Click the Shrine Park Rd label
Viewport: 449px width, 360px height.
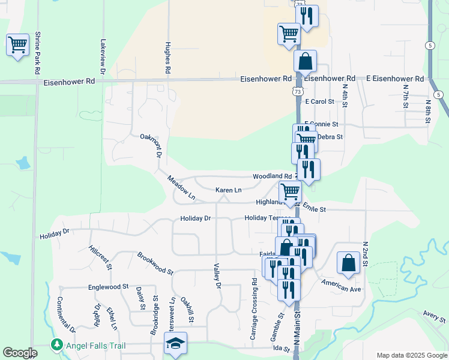pyautogui.click(x=37, y=53)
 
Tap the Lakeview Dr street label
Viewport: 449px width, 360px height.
pyautogui.click(x=103, y=56)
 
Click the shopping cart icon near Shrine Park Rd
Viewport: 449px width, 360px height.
pyautogui.click(x=17, y=44)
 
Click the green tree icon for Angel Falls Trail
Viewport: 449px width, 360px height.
pyautogui.click(x=56, y=344)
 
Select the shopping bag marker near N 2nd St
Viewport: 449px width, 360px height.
pyautogui.click(x=348, y=262)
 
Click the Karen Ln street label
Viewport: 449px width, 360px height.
pyautogui.click(x=229, y=190)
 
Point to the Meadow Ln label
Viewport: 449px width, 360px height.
pyautogui.click(x=181, y=187)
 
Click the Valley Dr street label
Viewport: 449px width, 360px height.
pyautogui.click(x=218, y=277)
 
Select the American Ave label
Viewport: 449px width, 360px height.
pyautogui.click(x=341, y=285)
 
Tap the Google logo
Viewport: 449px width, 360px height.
pyautogui.click(x=20, y=353)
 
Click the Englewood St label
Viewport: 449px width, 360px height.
pyautogui.click(x=108, y=287)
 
